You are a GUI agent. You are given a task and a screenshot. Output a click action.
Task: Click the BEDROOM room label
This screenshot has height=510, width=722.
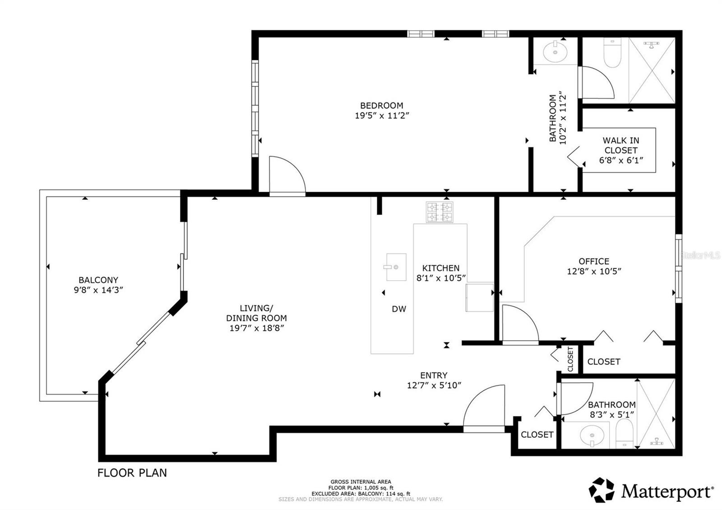tap(381, 106)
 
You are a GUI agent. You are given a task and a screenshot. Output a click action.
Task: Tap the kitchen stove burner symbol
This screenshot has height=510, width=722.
tap(439, 212)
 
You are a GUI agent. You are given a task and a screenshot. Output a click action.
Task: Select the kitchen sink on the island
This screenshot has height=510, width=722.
tap(396, 267)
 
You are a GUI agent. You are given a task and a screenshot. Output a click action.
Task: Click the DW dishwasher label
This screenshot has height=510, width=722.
tap(398, 309)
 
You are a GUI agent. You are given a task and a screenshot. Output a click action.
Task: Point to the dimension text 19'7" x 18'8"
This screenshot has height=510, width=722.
tap(256, 328)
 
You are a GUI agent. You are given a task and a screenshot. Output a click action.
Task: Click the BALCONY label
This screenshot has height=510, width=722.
tap(98, 280)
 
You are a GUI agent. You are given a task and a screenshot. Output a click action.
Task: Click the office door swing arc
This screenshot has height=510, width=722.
tap(520, 322)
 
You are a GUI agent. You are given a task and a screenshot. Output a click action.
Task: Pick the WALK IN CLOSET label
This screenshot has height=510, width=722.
tap(621, 145)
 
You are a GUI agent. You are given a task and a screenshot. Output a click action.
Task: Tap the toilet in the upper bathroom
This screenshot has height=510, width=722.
tap(612, 53)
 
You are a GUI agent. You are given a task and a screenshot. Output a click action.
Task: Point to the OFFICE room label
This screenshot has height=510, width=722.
tap(594, 261)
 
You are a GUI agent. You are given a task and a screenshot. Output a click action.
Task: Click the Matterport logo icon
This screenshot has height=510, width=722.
tap(602, 490)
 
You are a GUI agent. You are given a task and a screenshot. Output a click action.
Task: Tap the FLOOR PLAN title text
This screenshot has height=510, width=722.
tap(132, 473)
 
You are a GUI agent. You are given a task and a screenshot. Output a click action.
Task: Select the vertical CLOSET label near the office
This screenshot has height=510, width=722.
tap(570, 359)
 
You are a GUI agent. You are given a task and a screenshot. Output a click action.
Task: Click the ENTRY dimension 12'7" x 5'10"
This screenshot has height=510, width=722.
tap(434, 385)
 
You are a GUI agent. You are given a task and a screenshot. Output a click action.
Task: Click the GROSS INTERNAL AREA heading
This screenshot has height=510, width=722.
tap(361, 482)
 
